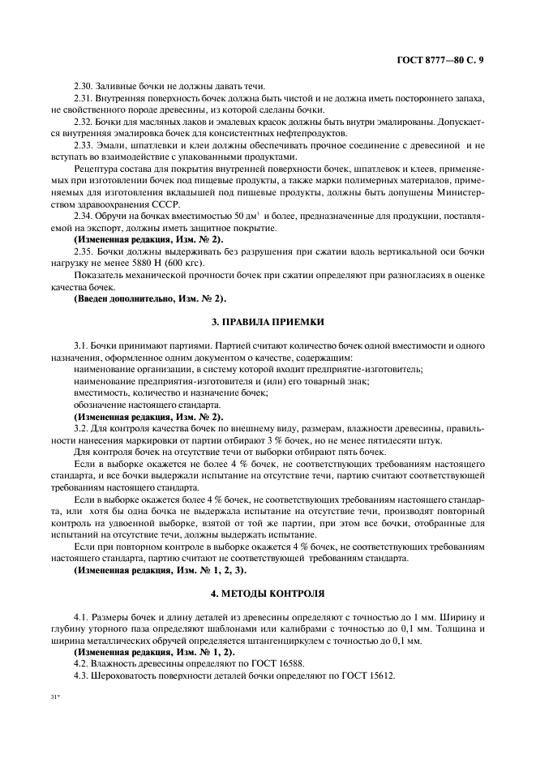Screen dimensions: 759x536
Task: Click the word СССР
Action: [x=137, y=225]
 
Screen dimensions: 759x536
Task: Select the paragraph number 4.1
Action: [x=81, y=619]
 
